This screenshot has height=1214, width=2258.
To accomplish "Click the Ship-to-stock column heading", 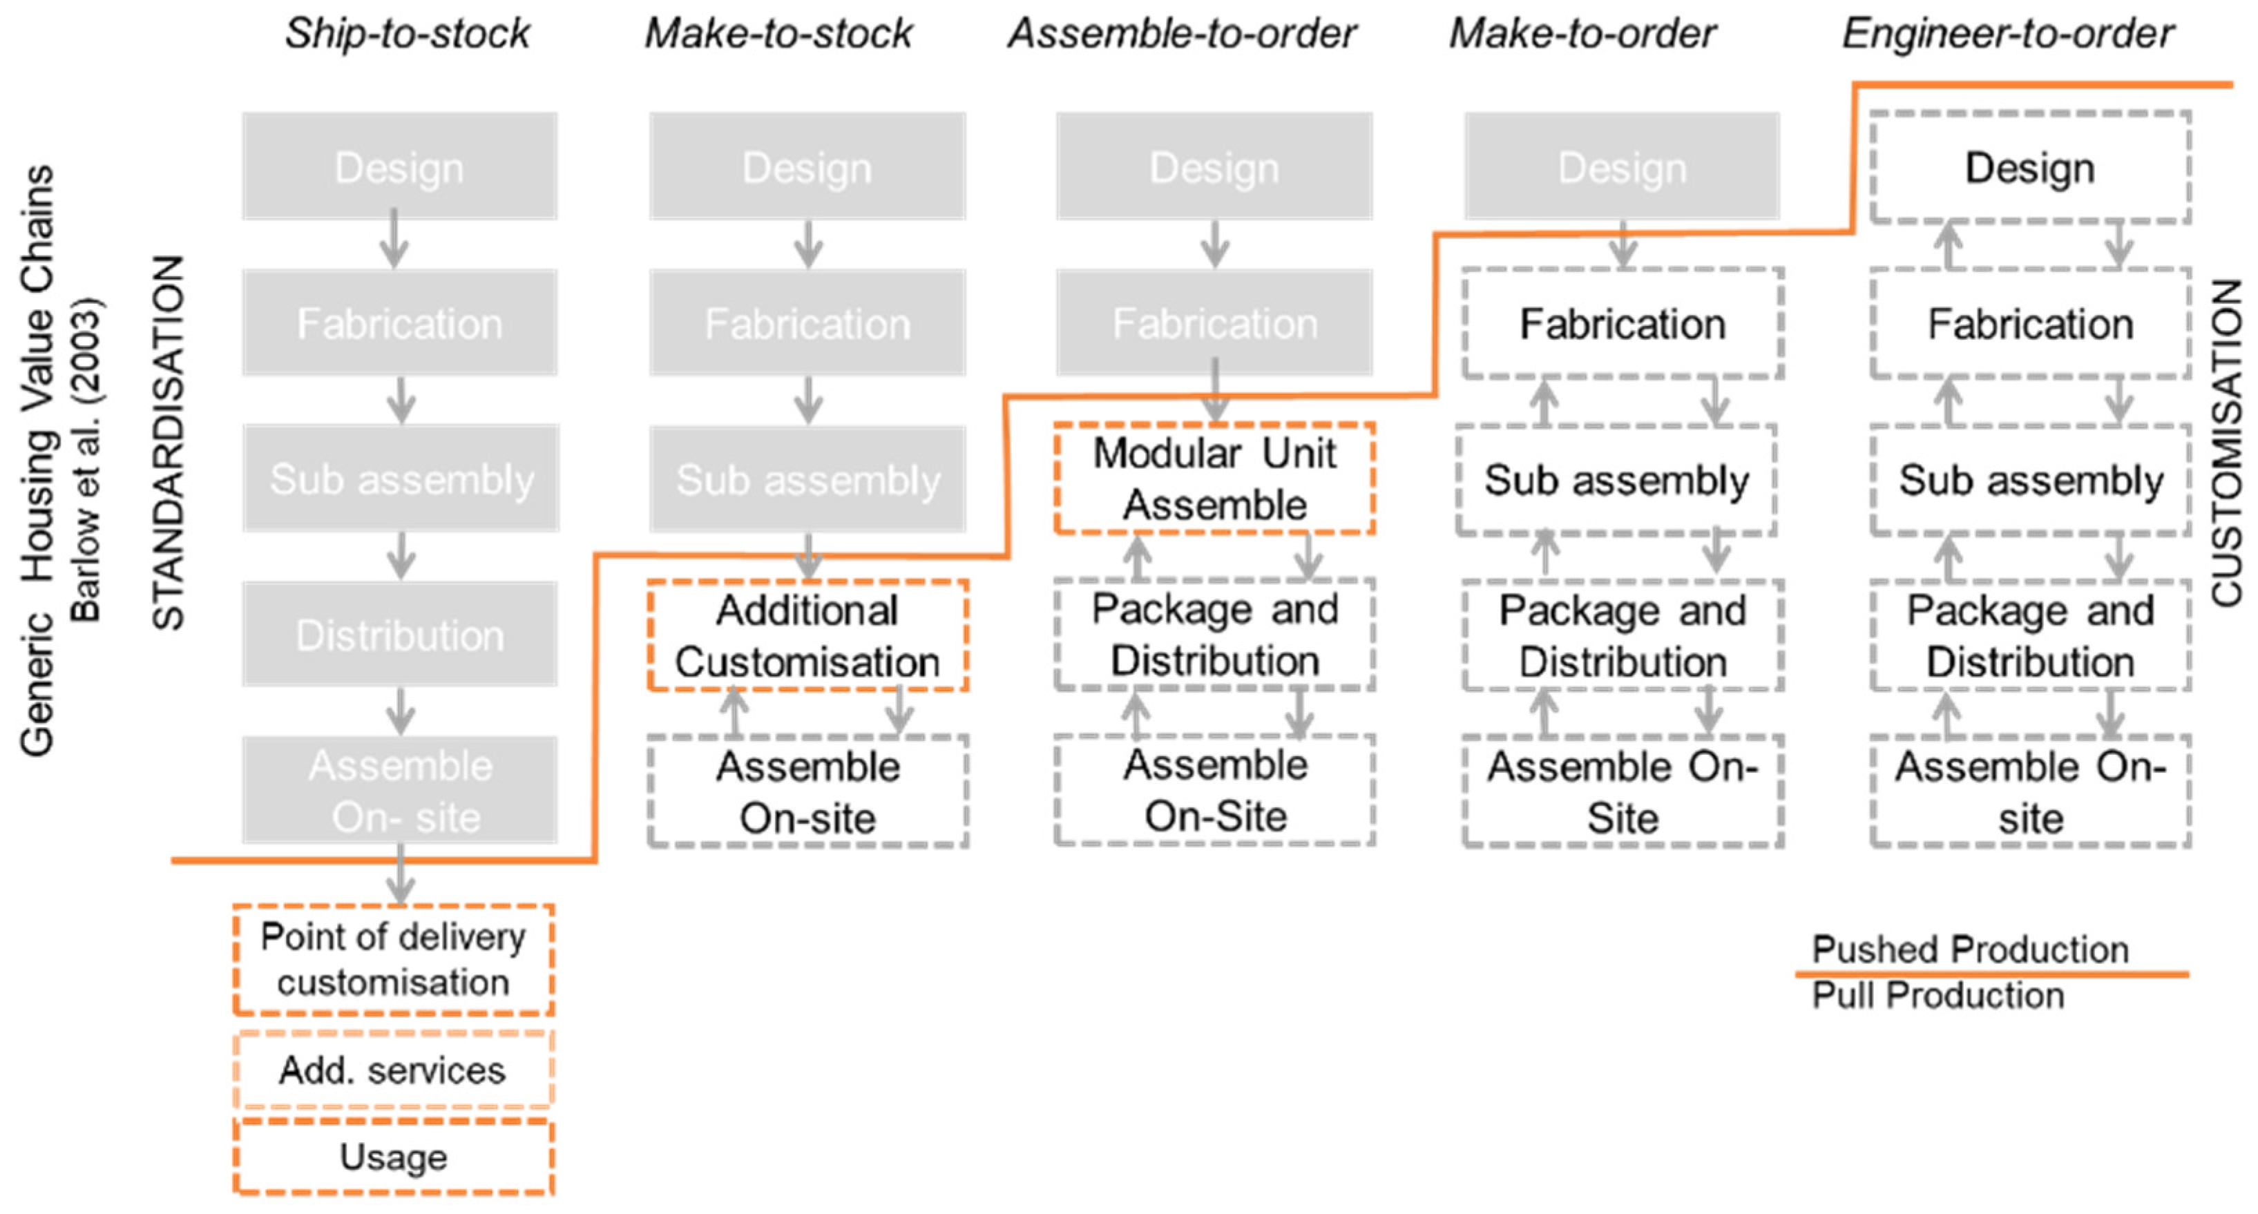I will point(407,33).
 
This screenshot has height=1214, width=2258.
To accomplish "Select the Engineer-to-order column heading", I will point(2007,33).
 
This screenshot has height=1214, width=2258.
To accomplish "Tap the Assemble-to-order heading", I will point(1182,33).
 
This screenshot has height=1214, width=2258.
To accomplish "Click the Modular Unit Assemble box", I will point(1214,479).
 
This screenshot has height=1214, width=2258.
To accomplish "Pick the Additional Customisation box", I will point(807,635).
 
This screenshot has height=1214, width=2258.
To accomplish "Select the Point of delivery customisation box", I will point(394,960).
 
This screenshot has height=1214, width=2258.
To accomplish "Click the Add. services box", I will point(394,1070).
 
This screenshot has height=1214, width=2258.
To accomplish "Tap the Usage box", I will point(394,1157).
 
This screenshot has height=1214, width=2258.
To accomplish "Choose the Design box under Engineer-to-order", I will point(2030,167).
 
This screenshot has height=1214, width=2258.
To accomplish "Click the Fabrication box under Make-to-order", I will point(1623,323).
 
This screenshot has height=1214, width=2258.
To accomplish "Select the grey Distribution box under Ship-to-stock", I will point(401,635).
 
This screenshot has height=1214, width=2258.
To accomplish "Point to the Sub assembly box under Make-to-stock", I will point(807,479).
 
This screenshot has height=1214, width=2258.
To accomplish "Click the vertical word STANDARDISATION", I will point(169,443).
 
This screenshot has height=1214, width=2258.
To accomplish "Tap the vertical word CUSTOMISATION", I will point(2226,443).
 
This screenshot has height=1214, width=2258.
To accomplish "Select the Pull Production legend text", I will point(1938,996).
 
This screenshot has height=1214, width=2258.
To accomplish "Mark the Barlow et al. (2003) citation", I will point(86,460).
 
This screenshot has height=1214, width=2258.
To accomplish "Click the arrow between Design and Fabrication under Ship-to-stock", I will point(394,240).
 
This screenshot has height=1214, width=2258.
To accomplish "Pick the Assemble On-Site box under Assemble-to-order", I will point(1215,791).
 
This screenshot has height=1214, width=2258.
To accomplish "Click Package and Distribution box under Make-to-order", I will point(1623,635).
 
